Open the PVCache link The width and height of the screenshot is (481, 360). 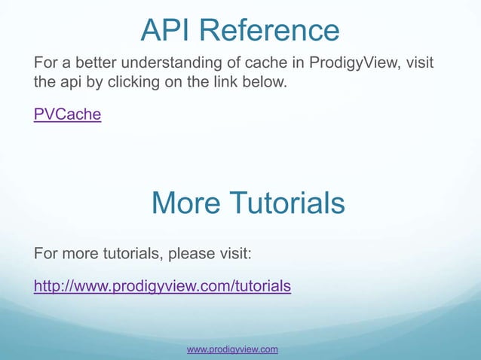click(x=67, y=114)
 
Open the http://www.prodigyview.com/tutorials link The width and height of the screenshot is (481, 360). click(x=162, y=286)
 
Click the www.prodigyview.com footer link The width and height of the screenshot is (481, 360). click(x=232, y=349)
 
